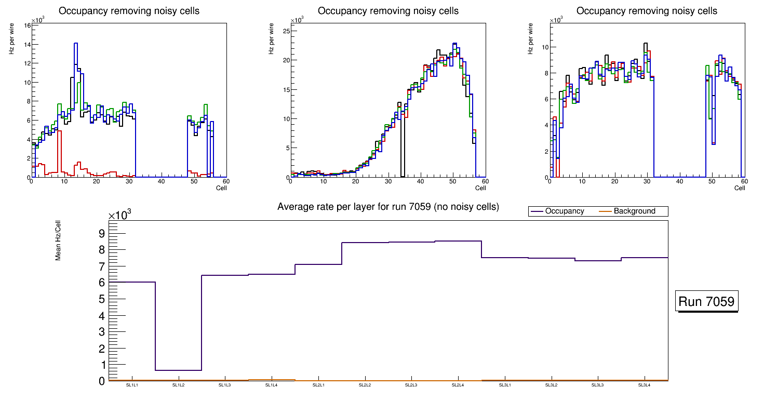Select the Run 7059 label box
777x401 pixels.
707,302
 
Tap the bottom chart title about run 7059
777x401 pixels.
388,207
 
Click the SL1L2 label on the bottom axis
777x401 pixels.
179,385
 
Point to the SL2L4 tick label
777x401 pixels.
458,385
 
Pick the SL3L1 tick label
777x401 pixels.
504,385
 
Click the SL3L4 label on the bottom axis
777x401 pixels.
644,385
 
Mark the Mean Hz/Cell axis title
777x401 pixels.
58,244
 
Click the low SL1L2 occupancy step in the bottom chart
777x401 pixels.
178,370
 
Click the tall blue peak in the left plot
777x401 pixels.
76,44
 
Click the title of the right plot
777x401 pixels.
647,11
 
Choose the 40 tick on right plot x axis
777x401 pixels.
679,181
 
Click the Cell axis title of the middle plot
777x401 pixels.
480,188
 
